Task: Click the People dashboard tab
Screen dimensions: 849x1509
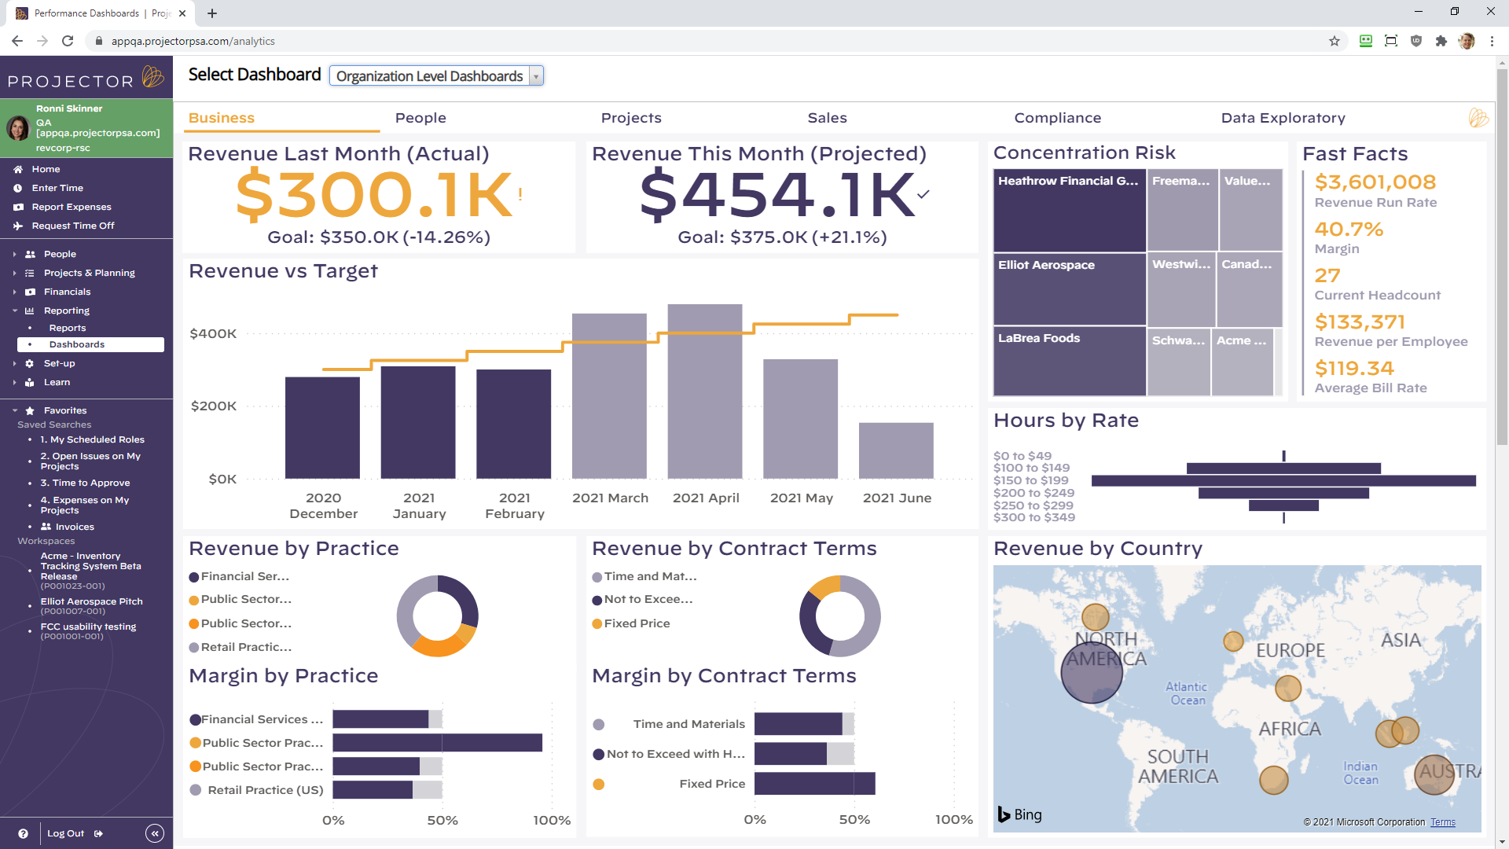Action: [420, 118]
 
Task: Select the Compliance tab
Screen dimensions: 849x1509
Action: [1057, 118]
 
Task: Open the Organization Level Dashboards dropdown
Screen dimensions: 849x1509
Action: [436, 76]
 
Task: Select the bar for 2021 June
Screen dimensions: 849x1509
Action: [896, 451]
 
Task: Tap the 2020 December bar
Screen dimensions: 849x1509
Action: [322, 428]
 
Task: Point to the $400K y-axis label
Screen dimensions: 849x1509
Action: [213, 333]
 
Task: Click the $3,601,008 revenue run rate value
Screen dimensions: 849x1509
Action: [1375, 182]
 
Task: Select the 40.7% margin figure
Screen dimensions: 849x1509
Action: [1349, 230]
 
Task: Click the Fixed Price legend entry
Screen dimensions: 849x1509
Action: [637, 623]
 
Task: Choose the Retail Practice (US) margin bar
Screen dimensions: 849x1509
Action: [373, 790]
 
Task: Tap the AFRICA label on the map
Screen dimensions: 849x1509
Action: [1290, 729]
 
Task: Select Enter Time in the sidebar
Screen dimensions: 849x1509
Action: [57, 188]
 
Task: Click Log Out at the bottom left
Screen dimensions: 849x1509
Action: [66, 833]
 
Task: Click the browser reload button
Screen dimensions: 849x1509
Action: [68, 41]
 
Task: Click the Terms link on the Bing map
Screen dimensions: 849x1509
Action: [1442, 822]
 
